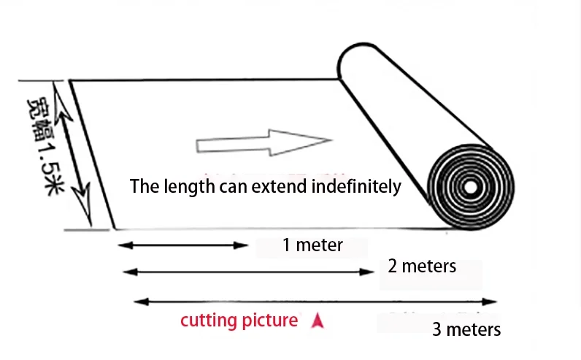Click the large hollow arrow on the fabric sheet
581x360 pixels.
point(263,142)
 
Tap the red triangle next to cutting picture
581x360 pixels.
point(318,321)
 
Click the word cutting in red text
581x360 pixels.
point(208,321)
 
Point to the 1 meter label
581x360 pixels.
point(312,245)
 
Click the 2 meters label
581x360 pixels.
point(422,267)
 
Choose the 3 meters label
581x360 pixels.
point(466,329)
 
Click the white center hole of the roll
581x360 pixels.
point(471,187)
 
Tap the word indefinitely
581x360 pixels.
point(356,185)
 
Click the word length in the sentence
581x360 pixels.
point(189,186)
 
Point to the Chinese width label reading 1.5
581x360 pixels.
point(46,147)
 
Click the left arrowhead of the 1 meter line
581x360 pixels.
point(126,245)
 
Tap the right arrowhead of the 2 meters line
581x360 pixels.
point(367,272)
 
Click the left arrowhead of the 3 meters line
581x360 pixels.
point(141,302)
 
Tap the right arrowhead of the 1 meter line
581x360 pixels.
point(241,245)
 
